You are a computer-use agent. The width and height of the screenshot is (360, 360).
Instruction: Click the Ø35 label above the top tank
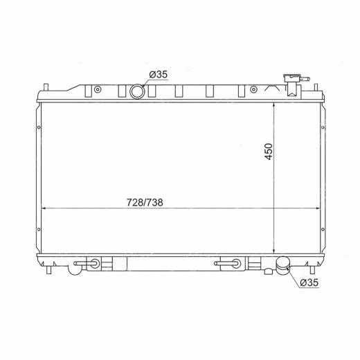(x=158, y=75)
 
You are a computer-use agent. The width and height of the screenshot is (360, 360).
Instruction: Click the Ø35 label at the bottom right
(x=309, y=282)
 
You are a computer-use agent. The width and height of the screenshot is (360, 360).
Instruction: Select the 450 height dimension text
(x=269, y=152)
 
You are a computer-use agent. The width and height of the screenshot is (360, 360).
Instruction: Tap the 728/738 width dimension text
(x=145, y=202)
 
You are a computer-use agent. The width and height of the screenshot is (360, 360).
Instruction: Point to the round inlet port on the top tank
(x=137, y=91)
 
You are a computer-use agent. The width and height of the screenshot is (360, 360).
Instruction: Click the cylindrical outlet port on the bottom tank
(x=283, y=266)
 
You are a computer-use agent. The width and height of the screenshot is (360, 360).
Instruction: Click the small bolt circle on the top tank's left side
(x=98, y=89)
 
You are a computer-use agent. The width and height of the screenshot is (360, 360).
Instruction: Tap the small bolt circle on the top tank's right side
(x=253, y=89)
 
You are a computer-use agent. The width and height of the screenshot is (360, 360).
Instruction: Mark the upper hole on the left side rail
(x=39, y=127)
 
